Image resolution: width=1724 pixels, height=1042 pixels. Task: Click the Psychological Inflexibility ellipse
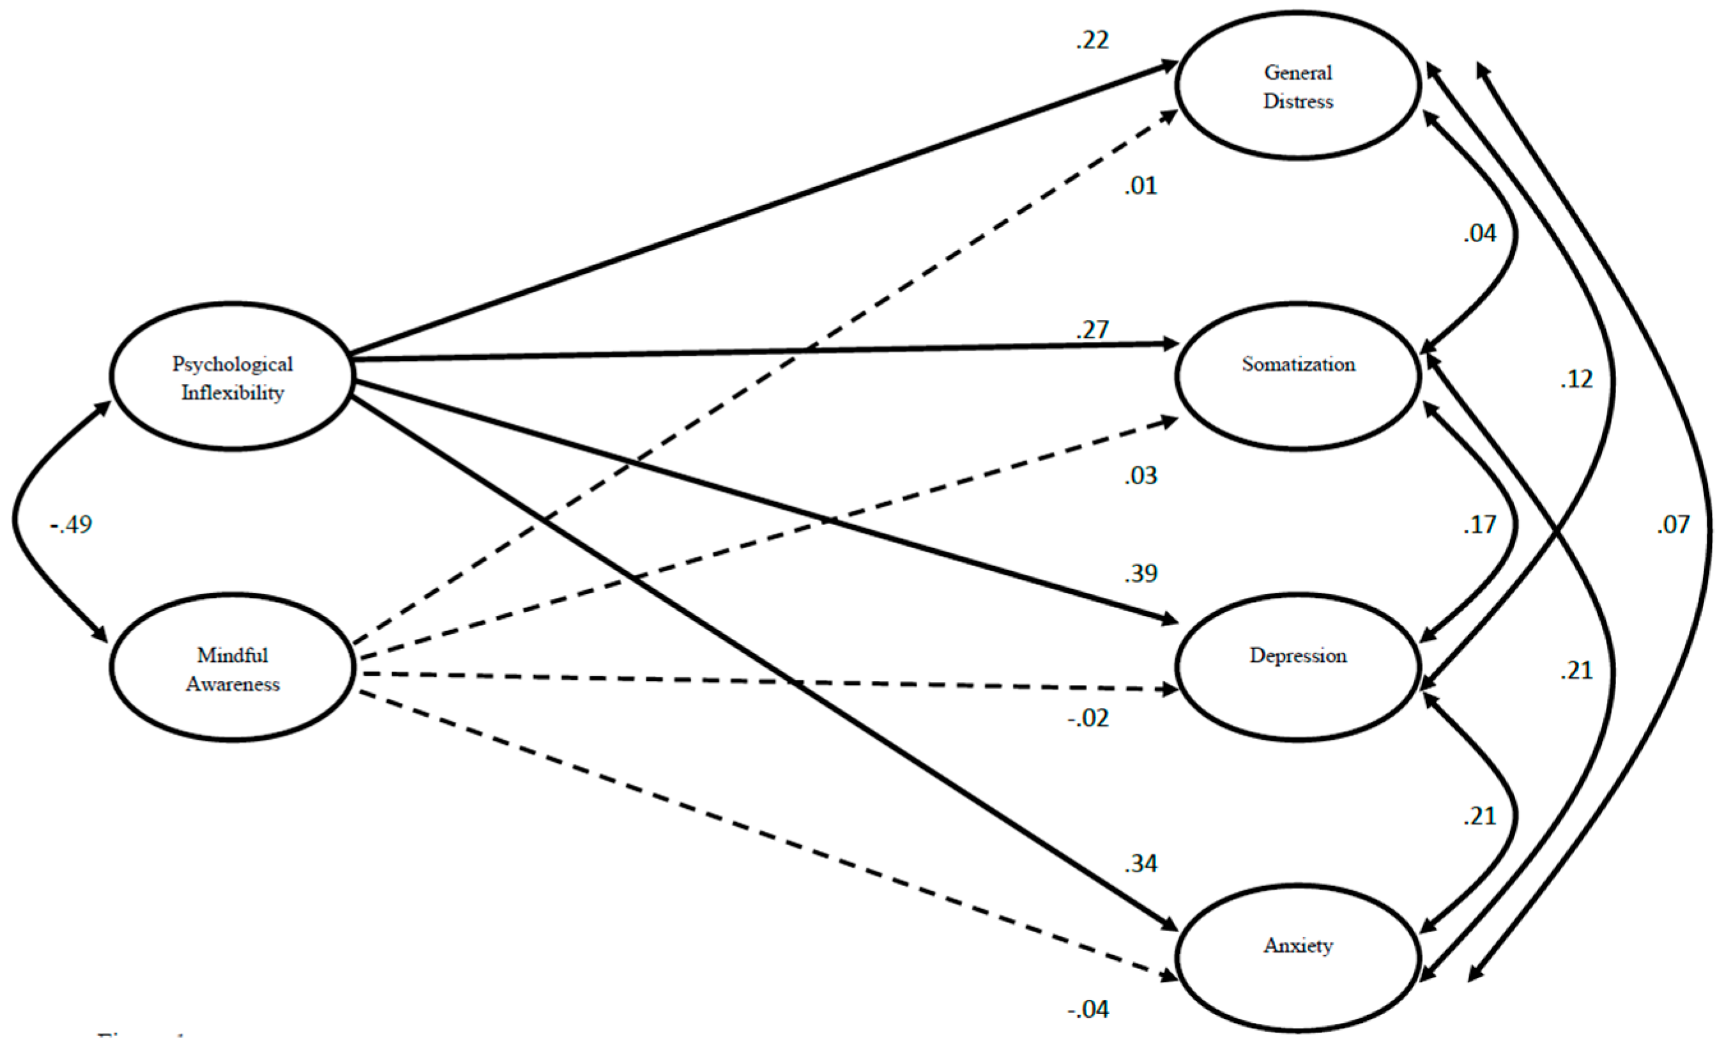(x=233, y=376)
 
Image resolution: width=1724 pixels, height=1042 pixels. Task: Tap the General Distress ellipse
(x=1298, y=86)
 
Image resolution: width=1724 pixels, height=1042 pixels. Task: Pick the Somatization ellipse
(x=1298, y=376)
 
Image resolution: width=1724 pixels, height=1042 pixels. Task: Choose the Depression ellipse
(x=1298, y=667)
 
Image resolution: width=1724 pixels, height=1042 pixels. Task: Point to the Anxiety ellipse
(x=1298, y=957)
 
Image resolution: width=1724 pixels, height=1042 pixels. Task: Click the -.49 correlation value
(x=72, y=524)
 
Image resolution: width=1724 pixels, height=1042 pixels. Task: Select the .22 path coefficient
(x=1092, y=40)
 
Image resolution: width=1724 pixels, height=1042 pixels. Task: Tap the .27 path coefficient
(x=1092, y=330)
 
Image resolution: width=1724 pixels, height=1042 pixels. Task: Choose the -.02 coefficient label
(x=1088, y=718)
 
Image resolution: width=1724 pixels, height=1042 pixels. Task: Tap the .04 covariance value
(x=1479, y=234)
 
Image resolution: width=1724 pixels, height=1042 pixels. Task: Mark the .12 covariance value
(x=1576, y=379)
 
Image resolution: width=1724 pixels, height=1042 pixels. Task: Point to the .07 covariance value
(x=1673, y=524)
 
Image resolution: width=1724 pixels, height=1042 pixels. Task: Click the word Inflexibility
(x=233, y=393)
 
